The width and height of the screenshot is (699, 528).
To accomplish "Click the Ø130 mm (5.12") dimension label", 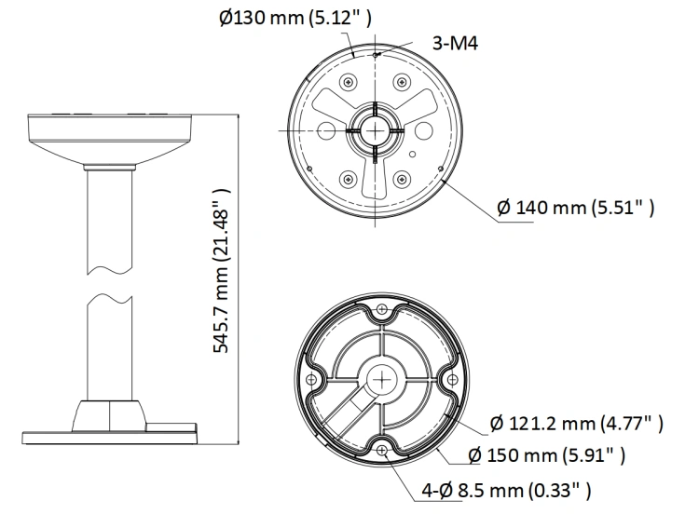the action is pyautogui.click(x=295, y=19).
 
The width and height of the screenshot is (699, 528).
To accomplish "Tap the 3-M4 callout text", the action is pyautogui.click(x=455, y=44).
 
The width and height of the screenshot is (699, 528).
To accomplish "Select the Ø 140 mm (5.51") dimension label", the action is pyautogui.click(x=576, y=208).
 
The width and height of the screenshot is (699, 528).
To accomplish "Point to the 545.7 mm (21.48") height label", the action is pyautogui.click(x=222, y=270).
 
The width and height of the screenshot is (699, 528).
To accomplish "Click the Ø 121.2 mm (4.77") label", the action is pyautogui.click(x=576, y=424).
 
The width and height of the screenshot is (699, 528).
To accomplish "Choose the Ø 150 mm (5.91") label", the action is pyautogui.click(x=547, y=455).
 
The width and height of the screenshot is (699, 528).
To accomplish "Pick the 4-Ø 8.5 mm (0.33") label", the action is pyautogui.click(x=506, y=491).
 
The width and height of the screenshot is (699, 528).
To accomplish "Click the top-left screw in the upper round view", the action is pyautogui.click(x=349, y=82).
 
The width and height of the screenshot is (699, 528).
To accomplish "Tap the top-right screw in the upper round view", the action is pyautogui.click(x=402, y=82).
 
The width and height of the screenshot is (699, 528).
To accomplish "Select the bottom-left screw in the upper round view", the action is pyautogui.click(x=349, y=180).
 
